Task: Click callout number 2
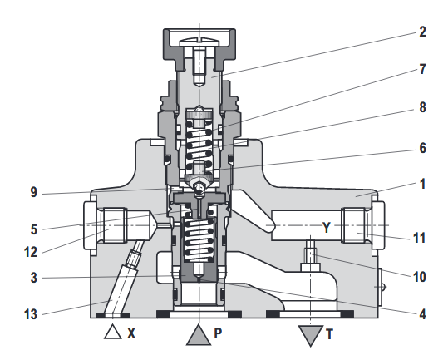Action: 422,32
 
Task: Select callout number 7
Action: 422,69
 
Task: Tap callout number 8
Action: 422,107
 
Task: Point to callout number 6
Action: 422,148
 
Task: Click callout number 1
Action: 423,184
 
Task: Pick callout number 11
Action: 419,238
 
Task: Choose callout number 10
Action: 419,277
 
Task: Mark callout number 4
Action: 422,314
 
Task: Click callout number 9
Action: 34,192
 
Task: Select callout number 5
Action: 34,229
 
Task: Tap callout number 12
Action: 31,252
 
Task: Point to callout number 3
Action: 34,278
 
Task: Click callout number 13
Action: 31,314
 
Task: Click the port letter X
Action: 131,333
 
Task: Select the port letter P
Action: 218,333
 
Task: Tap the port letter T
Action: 330,334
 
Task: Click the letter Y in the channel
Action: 327,228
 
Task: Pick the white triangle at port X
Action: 112,332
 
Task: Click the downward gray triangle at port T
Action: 311,334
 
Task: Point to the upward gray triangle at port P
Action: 199,337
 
